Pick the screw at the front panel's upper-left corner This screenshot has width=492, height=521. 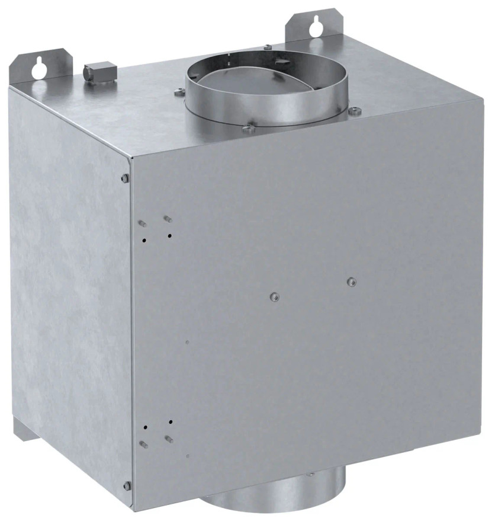(125, 178)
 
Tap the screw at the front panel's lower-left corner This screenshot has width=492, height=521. (126, 485)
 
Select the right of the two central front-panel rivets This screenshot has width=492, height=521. (351, 281)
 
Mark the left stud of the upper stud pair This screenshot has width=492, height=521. (142, 223)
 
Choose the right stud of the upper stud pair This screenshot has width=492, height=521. (168, 219)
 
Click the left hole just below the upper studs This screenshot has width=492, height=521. (144, 240)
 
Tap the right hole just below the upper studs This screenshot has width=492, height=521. (170, 236)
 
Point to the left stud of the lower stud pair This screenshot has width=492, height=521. (143, 443)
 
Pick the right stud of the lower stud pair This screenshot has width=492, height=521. (169, 439)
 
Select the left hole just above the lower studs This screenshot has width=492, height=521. (144, 426)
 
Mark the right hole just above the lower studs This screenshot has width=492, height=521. (171, 421)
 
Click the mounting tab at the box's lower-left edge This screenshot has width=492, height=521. (20, 430)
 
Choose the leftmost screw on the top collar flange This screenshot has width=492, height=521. (178, 92)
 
